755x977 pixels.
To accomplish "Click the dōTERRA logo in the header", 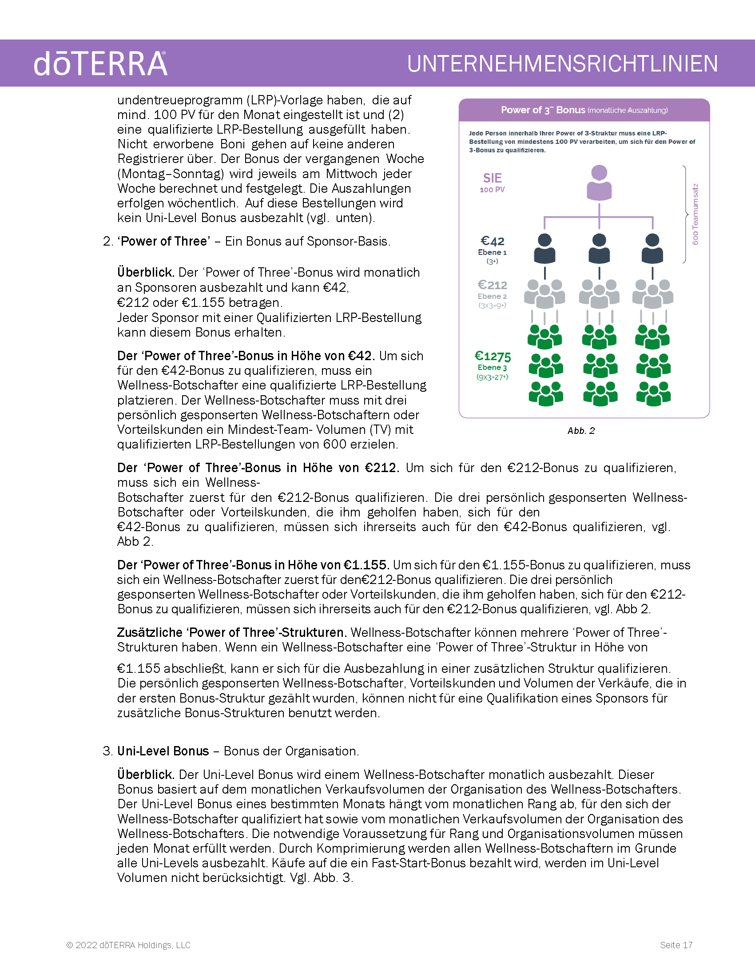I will coord(101,64).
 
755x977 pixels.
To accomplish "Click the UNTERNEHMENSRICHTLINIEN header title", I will coord(562,64).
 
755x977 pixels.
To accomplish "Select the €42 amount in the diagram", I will coord(493,241).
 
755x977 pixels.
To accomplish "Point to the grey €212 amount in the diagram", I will coord(493,285).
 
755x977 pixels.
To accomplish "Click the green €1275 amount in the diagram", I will coord(493,356).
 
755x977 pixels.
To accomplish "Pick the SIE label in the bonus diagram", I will coord(493,178).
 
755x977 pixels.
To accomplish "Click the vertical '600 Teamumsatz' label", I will coord(695,214).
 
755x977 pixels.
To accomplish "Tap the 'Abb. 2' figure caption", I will coord(581,431).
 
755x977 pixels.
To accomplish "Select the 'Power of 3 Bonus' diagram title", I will coord(543,110).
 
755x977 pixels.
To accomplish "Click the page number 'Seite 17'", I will coord(676,945).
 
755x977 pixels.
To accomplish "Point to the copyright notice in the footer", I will coord(128,945).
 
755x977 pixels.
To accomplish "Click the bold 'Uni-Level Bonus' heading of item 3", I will coord(163,751).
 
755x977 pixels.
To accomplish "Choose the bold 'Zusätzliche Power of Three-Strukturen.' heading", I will coord(232,632).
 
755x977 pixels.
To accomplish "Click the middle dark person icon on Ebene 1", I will coord(599,248).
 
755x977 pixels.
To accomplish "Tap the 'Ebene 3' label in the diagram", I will coord(493,367).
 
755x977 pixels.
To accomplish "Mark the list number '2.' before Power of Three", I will coord(108,242).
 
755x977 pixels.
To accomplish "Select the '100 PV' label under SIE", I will coord(493,190).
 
